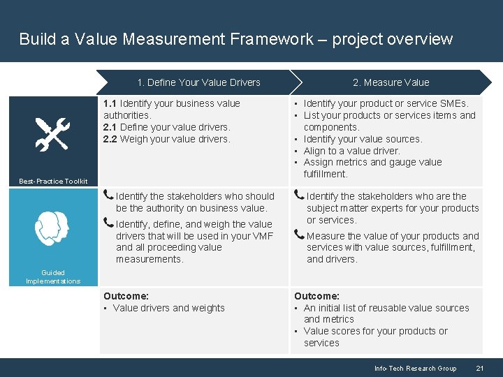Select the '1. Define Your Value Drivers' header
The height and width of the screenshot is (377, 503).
tap(198, 82)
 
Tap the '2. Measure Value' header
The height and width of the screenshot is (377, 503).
tap(391, 82)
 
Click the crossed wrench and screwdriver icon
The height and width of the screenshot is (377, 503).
tap(52, 134)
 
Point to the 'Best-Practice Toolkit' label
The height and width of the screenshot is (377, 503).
tap(53, 182)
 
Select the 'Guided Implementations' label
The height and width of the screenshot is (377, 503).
tap(53, 277)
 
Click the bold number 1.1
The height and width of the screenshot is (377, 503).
tap(110, 103)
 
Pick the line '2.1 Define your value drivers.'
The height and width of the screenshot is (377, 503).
tap(156, 127)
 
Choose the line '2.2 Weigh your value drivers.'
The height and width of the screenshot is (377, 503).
tap(156, 139)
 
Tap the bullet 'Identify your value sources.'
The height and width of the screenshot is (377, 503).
tap(363, 139)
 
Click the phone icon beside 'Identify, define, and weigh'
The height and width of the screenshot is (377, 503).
tap(109, 223)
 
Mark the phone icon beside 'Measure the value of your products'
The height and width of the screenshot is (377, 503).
tap(300, 235)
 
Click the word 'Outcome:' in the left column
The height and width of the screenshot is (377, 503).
tap(126, 296)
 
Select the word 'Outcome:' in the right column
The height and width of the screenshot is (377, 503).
tap(316, 296)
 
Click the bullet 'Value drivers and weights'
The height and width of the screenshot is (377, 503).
tap(168, 308)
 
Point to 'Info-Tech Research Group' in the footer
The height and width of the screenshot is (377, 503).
tap(415, 369)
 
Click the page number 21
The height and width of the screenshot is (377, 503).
tap(479, 369)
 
